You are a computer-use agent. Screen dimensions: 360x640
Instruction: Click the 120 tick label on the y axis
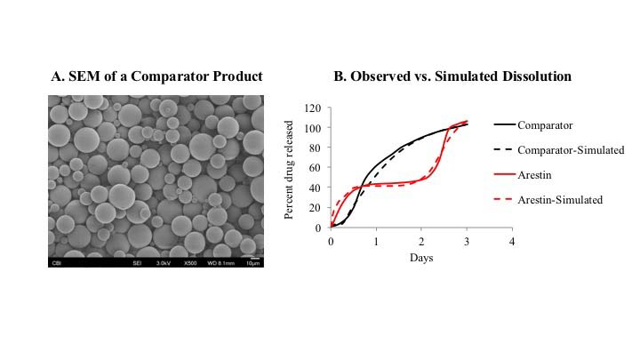tap(311, 108)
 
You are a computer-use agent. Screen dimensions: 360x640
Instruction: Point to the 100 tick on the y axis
tap(311, 128)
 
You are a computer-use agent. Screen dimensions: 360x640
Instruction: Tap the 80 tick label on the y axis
tap(314, 148)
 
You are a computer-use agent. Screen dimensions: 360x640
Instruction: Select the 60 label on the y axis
tap(314, 168)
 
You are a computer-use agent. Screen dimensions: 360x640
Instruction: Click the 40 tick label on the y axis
tap(314, 188)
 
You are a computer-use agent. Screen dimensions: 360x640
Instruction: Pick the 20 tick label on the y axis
tap(314, 208)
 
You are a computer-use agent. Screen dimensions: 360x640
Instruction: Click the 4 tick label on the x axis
tap(512, 242)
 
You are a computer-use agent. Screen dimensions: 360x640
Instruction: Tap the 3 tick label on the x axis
tap(467, 242)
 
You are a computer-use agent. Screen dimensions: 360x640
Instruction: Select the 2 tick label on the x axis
tap(421, 242)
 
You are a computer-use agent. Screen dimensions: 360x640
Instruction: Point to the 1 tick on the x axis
tap(376, 242)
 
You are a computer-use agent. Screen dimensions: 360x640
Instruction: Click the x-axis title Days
tap(421, 258)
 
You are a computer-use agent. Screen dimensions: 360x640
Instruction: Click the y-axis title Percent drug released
tap(289, 168)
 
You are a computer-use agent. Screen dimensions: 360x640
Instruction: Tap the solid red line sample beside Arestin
tap(504, 175)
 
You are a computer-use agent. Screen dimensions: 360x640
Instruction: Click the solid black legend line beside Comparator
tap(504, 125)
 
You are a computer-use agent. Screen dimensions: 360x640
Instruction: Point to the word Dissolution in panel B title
tap(533, 76)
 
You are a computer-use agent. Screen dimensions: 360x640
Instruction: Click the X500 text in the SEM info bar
tap(188, 263)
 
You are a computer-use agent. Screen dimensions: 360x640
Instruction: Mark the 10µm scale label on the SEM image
tap(252, 263)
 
